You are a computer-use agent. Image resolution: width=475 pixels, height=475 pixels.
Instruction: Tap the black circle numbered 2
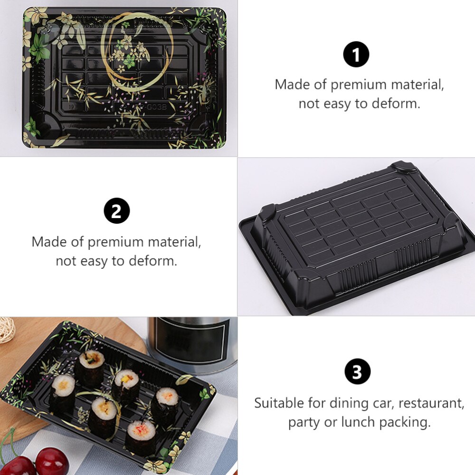click(117, 211)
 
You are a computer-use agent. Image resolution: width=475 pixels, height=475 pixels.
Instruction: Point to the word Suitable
click(278, 403)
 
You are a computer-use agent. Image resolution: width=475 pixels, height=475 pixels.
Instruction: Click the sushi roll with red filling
click(141, 433)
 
